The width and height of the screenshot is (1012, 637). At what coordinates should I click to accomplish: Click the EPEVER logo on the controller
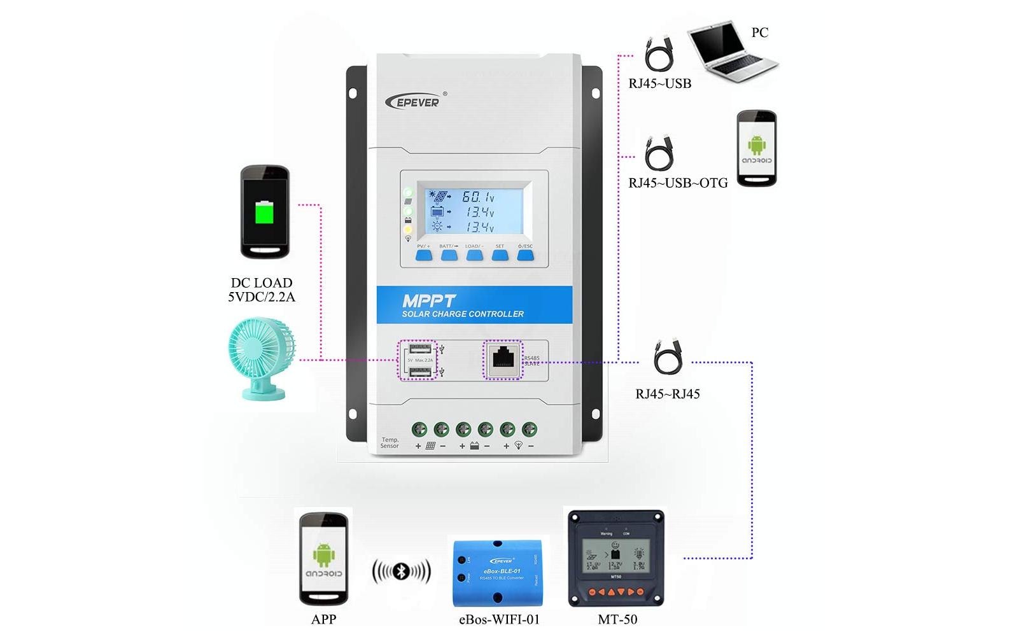[414, 101]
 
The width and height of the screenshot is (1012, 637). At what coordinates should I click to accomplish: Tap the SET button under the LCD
[500, 255]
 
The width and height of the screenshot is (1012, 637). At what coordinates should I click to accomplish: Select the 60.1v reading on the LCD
[478, 197]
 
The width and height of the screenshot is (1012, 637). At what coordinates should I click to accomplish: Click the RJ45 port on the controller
[503, 360]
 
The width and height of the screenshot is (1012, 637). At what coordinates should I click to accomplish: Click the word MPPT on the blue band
[428, 300]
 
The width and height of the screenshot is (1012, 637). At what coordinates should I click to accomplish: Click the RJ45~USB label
[659, 84]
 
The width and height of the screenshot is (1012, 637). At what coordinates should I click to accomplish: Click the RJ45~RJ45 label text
[667, 394]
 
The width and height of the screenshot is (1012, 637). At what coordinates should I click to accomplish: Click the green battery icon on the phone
[264, 213]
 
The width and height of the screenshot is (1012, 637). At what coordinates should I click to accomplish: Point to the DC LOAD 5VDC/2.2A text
[261, 290]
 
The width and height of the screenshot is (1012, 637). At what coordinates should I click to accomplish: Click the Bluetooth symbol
[401, 571]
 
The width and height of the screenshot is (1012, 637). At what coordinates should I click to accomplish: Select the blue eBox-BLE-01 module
[498, 571]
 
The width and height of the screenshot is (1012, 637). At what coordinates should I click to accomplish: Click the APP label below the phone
[323, 619]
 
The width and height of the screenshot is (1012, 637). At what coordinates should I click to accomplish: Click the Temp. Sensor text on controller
[390, 443]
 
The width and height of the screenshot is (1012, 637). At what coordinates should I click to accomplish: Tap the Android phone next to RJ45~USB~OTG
[756, 148]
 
